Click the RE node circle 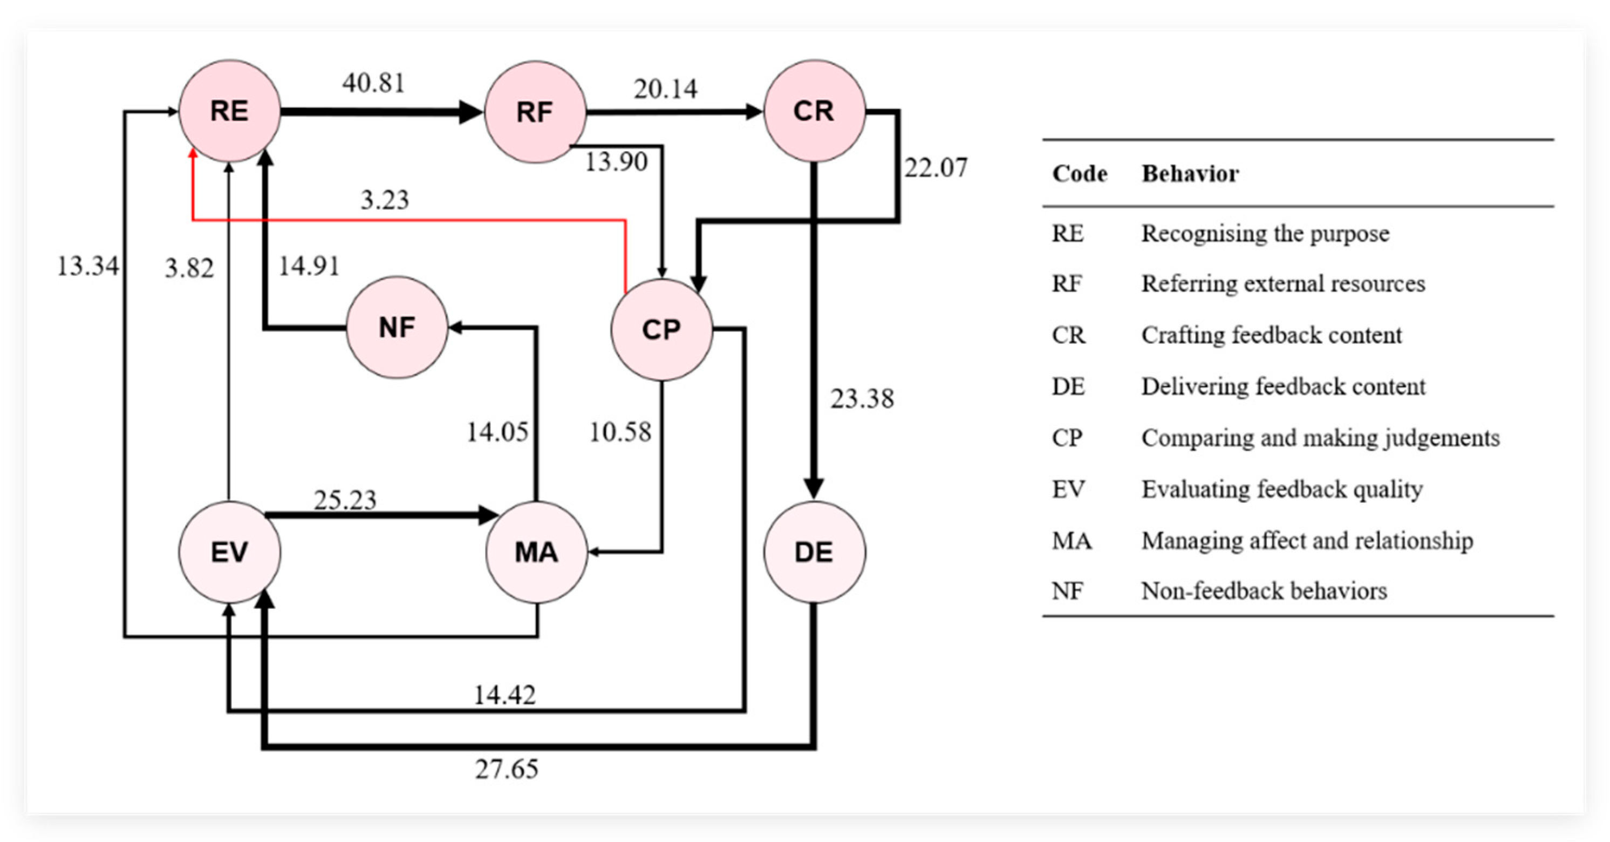229,111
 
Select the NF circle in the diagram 397,327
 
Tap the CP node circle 662,329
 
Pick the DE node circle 814,552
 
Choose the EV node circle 229,552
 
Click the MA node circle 537,552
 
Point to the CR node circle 814,111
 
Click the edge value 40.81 374,83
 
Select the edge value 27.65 506,769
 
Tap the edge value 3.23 384,200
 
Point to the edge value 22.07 936,167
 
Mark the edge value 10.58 620,432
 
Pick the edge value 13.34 87,266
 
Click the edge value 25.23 345,499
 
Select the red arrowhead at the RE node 193,154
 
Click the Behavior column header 1190,174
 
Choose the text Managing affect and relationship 1307,541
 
